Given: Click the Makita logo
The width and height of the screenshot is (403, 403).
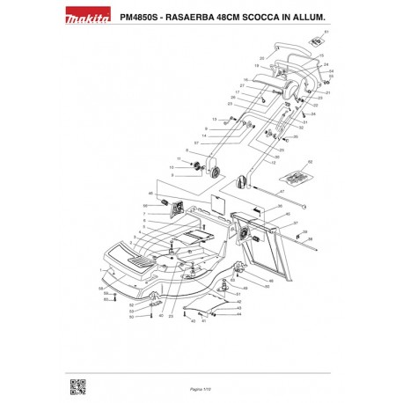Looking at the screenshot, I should click(x=87, y=18).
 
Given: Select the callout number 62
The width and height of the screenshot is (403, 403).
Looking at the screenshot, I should click(x=311, y=162).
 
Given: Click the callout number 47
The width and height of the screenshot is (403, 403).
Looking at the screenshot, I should click(x=282, y=191).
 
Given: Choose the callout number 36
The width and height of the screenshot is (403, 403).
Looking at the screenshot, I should click(x=279, y=206).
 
